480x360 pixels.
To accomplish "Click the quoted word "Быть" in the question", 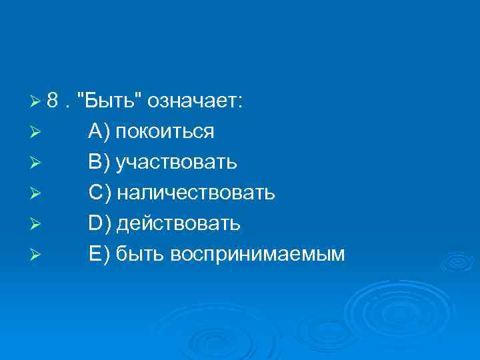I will (x=109, y=101).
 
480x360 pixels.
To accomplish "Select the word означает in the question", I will (x=196, y=101).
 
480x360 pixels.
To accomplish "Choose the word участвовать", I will (x=176, y=163).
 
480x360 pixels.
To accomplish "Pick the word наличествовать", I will (x=195, y=193).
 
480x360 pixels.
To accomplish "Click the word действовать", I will (x=179, y=224).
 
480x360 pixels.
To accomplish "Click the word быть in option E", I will (x=139, y=254).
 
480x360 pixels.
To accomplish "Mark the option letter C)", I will (x=100, y=193).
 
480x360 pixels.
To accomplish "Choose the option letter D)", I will (x=100, y=224).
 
